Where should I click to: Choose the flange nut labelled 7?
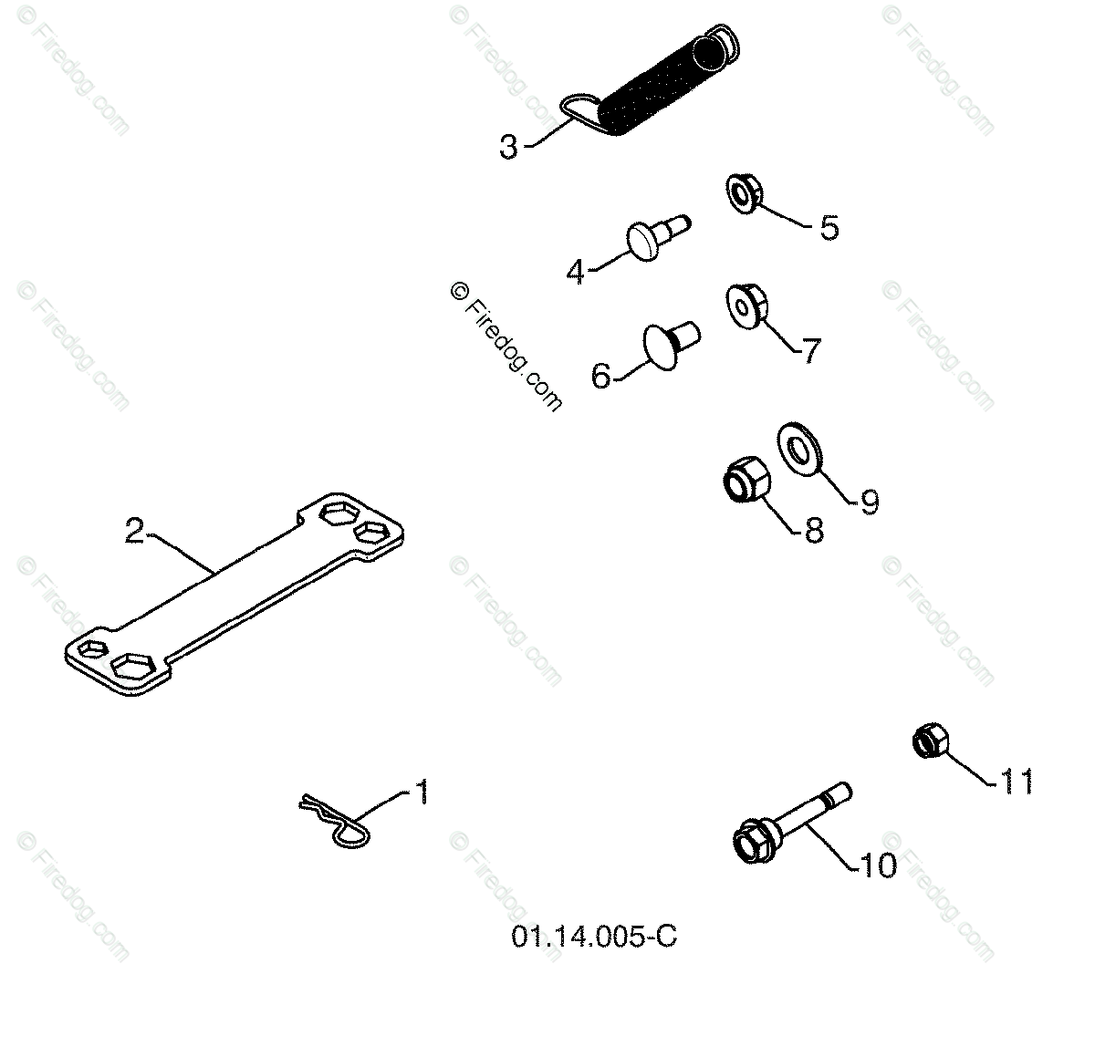(746, 306)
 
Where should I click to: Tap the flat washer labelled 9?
(800, 448)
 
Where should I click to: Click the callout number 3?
(508, 147)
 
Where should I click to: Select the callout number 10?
(879, 865)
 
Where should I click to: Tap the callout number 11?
(1017, 781)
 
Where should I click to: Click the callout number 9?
(870, 501)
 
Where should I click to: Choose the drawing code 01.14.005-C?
(594, 938)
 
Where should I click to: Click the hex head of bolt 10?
(754, 840)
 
